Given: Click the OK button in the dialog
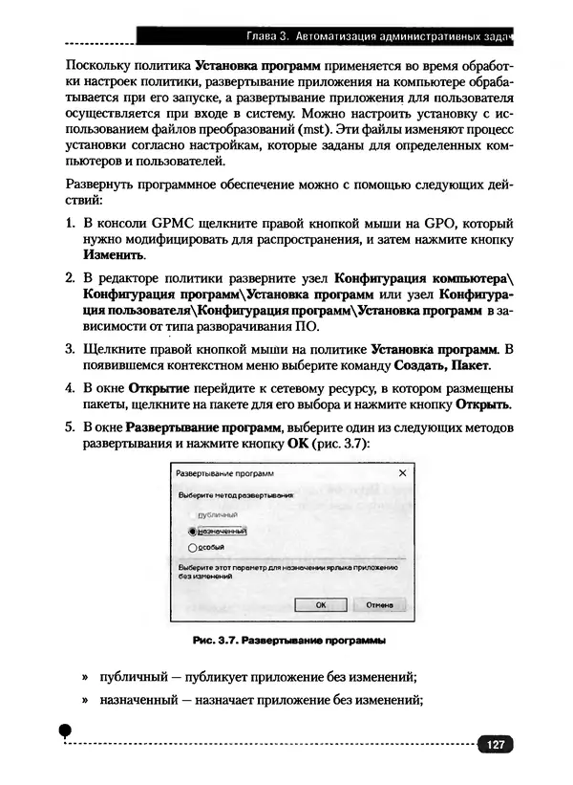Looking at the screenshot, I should click(x=321, y=605).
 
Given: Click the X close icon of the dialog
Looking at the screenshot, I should click(x=401, y=473).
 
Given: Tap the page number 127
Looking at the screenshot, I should click(x=495, y=745).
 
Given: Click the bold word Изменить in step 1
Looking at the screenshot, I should click(x=115, y=256).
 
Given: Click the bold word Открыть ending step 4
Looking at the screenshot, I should click(x=483, y=403).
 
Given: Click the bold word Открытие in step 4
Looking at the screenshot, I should click(x=159, y=386).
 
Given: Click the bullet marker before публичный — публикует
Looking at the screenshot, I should click(x=85, y=678).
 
